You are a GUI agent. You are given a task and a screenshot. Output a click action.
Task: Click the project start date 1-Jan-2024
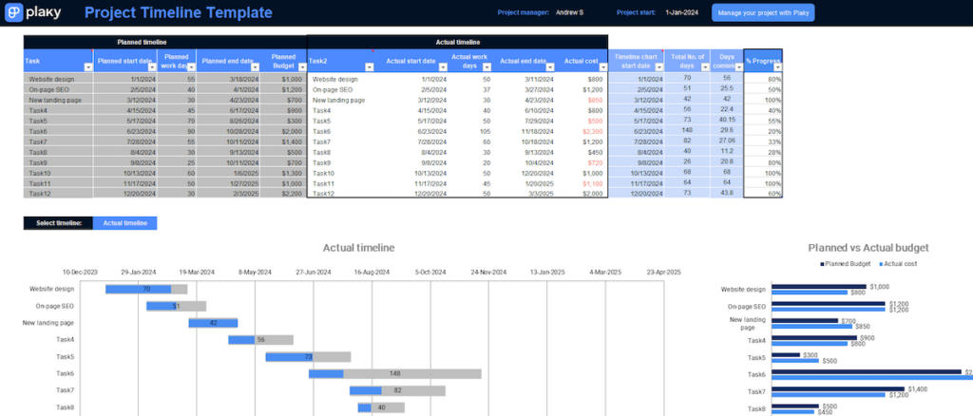(681, 13)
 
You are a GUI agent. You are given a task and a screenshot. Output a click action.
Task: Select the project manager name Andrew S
(570, 13)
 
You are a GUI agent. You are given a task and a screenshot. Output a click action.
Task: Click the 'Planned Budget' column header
(283, 60)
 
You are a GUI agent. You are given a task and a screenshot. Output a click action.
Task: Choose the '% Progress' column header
(762, 61)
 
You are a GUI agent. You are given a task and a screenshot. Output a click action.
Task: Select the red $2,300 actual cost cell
(592, 131)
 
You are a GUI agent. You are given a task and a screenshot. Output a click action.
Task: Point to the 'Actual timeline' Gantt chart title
(358, 248)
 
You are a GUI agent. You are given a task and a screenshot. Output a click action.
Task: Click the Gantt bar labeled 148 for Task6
(394, 373)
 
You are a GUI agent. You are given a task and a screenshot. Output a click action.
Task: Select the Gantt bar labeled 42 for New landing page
(213, 323)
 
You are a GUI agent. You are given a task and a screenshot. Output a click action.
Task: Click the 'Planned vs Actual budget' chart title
(868, 248)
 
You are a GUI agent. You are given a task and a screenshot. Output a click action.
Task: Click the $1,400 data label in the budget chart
(919, 388)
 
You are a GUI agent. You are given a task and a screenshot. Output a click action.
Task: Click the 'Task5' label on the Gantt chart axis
(65, 357)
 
